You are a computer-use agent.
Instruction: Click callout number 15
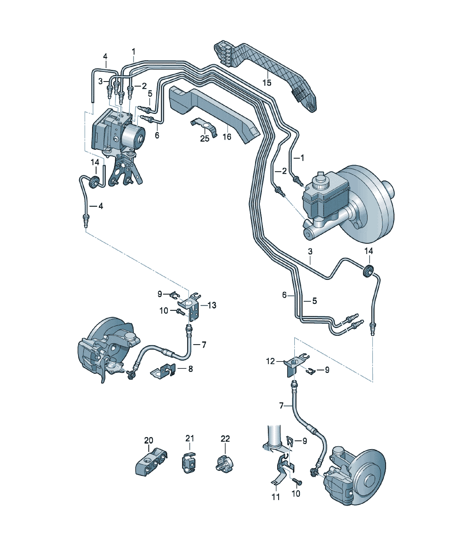point(267,83)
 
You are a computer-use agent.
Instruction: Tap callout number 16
point(227,137)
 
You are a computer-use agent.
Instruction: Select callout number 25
point(205,138)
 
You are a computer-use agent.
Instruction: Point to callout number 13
point(212,305)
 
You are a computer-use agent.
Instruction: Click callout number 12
point(270,361)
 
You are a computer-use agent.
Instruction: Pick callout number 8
point(191,369)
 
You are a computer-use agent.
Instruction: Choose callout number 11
point(276,497)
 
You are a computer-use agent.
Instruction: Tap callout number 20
point(149,440)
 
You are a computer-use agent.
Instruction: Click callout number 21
point(190,438)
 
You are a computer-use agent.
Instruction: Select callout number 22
point(225,438)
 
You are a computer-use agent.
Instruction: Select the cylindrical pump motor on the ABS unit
point(133,137)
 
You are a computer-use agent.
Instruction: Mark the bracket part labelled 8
point(163,369)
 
